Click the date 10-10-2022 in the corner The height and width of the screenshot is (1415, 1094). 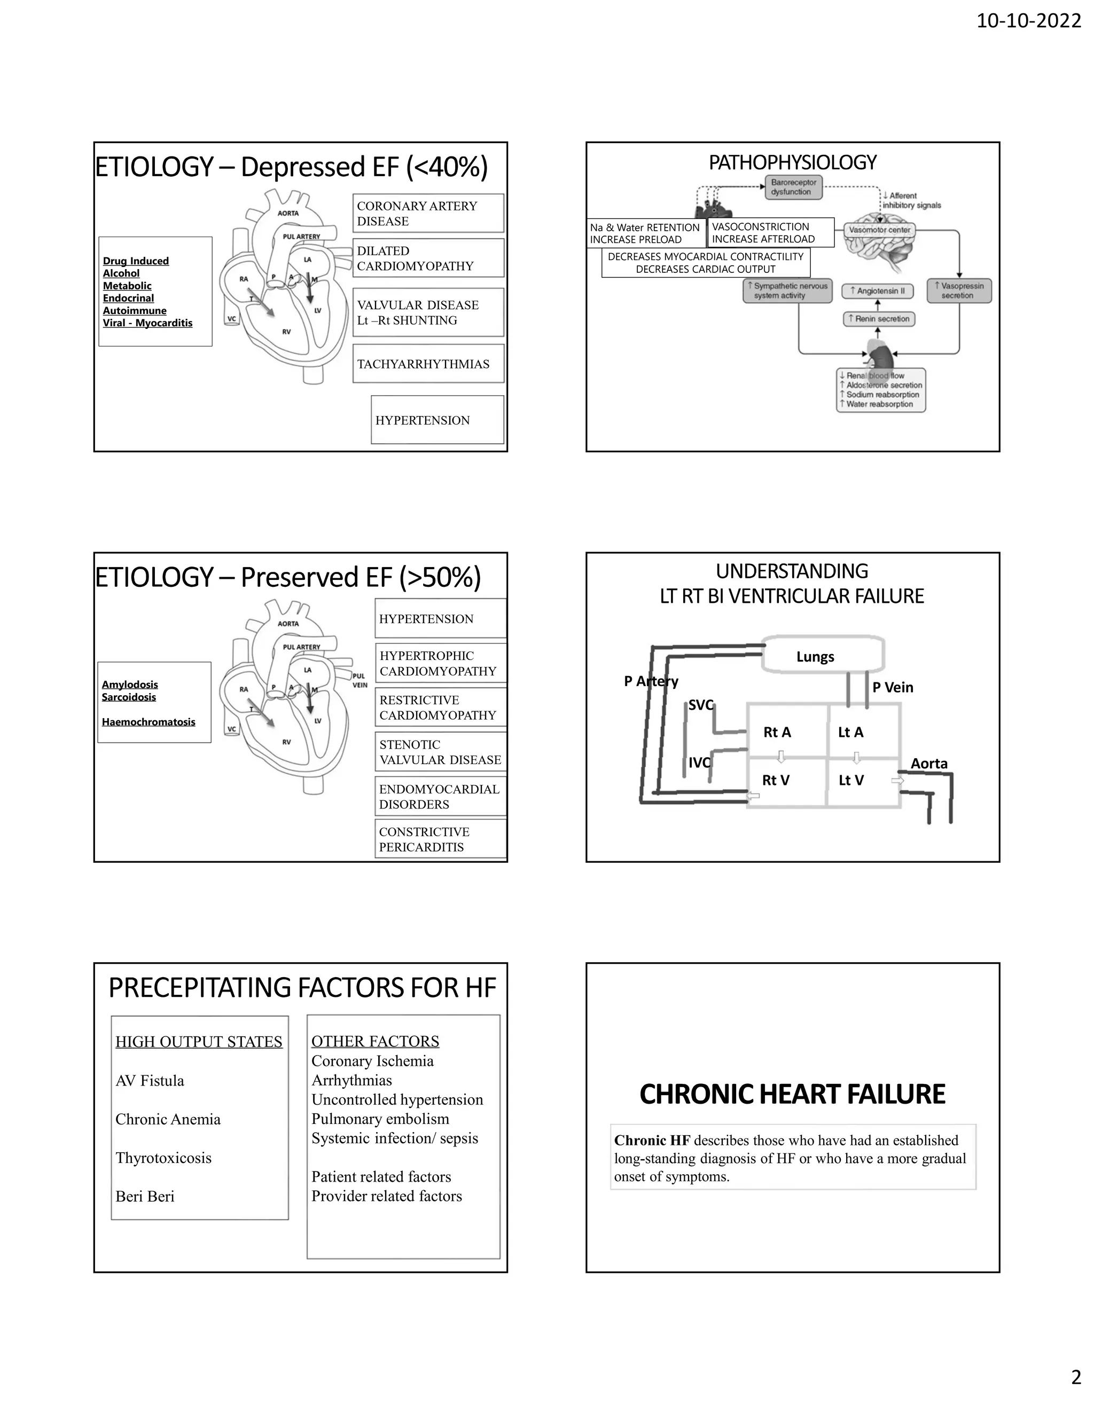pos(1028,21)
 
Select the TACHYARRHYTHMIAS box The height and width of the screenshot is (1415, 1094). pos(428,364)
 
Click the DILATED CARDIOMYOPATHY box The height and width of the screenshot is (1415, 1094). pos(428,258)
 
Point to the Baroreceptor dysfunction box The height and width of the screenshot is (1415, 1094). pos(793,187)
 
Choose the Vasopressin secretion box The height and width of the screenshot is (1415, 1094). pos(958,291)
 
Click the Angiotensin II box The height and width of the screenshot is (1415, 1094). pos(877,291)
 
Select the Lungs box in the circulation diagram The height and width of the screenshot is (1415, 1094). pos(822,656)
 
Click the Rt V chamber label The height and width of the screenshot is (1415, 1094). pos(775,780)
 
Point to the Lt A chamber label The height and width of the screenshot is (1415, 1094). pos(850,732)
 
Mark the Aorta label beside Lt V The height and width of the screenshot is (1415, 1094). pos(929,763)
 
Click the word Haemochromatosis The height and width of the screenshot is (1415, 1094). pos(149,722)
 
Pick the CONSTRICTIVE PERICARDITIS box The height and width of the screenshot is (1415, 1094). pos(440,839)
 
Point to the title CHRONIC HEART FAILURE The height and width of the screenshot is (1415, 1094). pos(792,1094)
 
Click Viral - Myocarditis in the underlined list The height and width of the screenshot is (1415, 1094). pos(148,323)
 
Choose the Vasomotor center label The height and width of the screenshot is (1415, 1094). pos(879,230)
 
